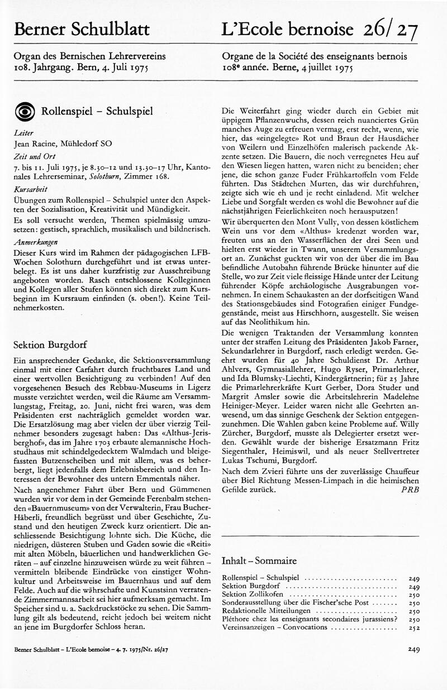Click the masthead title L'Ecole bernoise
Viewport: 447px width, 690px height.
pyautogui.click(x=288, y=30)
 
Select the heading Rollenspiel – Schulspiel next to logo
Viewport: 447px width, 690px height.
pyautogui.click(x=97, y=111)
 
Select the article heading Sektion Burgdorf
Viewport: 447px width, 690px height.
pyautogui.click(x=50, y=344)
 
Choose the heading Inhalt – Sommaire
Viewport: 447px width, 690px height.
pyautogui.click(x=259, y=560)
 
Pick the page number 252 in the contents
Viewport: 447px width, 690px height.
pyautogui.click(x=413, y=627)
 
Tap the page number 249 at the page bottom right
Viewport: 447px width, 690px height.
pyautogui.click(x=414, y=649)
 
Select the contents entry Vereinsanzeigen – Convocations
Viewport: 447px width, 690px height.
pyautogui.click(x=274, y=627)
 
